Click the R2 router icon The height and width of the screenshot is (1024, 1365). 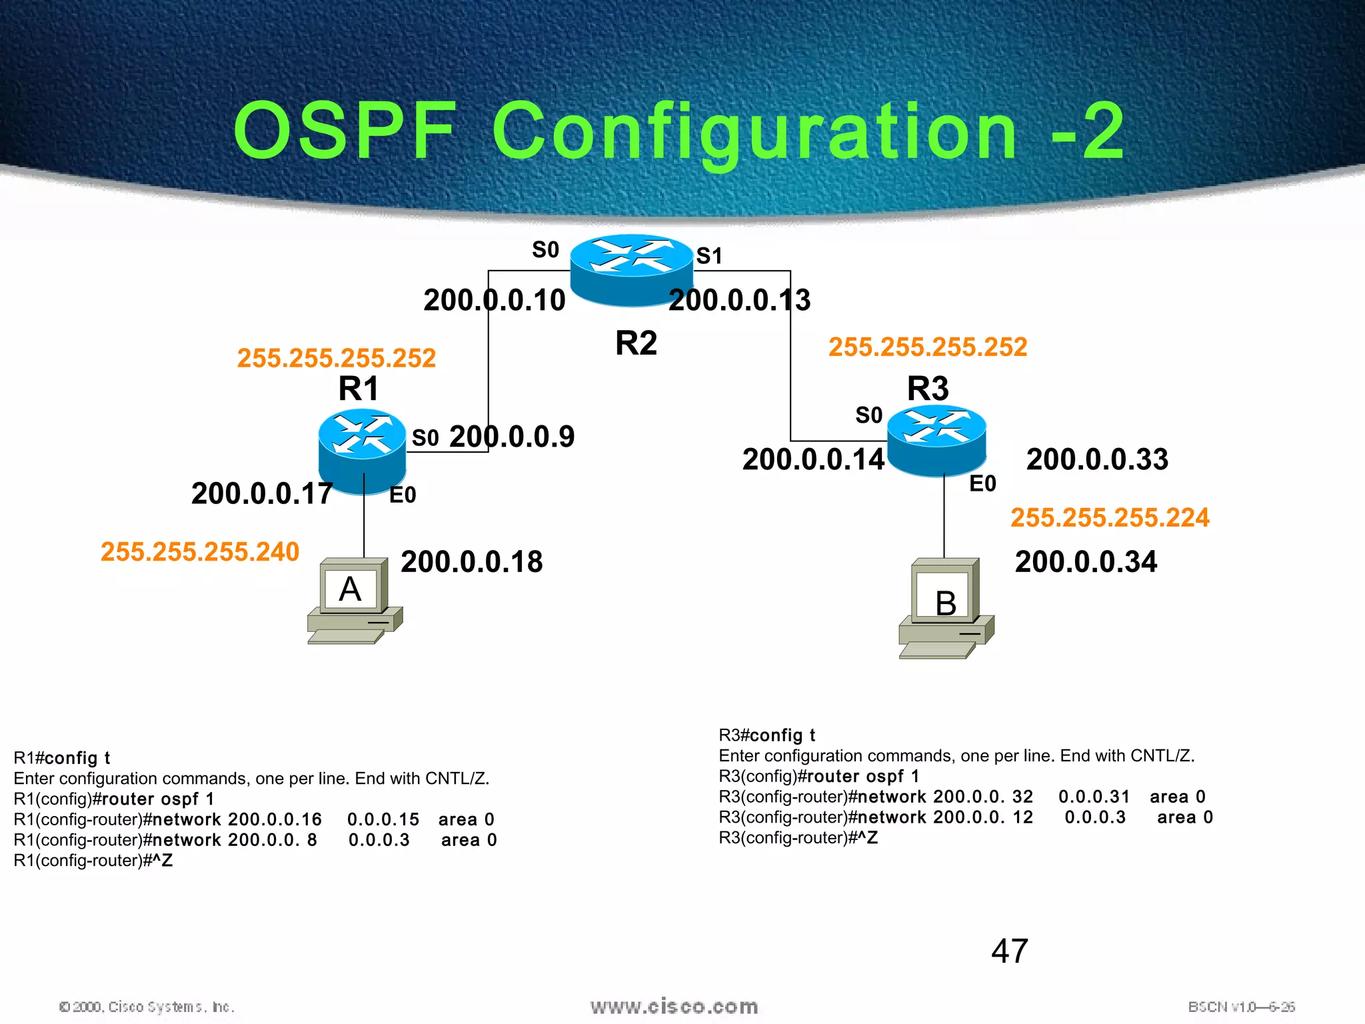(631, 269)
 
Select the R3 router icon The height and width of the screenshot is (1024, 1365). (936, 440)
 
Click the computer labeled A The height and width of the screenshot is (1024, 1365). (355, 600)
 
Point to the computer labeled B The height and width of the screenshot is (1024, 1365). (946, 608)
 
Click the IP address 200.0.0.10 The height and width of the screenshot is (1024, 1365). (494, 300)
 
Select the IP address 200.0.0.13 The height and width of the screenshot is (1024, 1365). (739, 300)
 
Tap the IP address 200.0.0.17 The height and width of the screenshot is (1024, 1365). (262, 494)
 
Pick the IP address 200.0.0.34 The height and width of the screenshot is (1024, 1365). (1086, 562)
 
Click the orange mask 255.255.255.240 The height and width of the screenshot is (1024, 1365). (200, 552)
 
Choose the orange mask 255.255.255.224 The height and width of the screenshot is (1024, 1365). (1110, 518)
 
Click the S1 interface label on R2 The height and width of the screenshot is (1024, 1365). (709, 256)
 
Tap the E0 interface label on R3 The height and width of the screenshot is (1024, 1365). (982, 484)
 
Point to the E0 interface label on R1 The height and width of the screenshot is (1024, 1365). (403, 495)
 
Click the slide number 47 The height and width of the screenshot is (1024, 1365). (1010, 951)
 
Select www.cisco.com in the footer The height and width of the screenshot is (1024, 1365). (674, 1006)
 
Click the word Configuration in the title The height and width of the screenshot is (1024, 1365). (754, 131)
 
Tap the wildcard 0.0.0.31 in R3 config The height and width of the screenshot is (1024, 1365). (1094, 797)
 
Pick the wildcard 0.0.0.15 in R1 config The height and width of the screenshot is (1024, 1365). (383, 819)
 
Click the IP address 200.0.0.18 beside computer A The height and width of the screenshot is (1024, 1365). (472, 562)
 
